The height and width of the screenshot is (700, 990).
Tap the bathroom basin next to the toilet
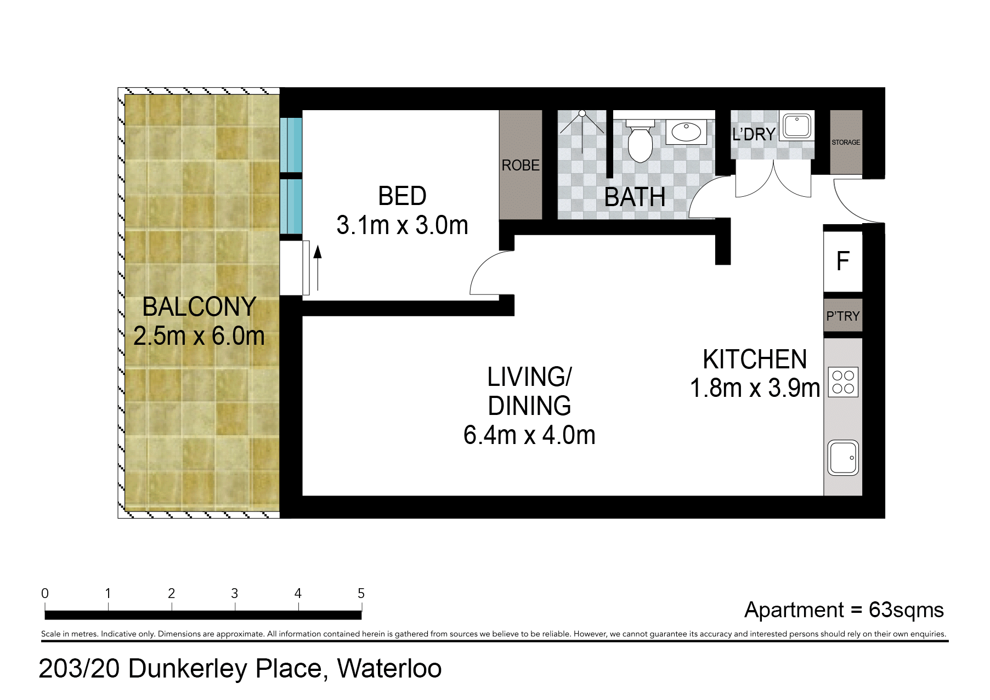(x=686, y=132)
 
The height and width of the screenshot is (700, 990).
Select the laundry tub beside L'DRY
(x=796, y=126)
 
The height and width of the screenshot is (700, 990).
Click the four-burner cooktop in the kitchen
(x=843, y=382)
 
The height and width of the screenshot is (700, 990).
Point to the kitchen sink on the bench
(x=843, y=457)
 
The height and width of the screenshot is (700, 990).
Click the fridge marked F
(x=843, y=261)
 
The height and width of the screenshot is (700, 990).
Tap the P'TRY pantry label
(x=843, y=316)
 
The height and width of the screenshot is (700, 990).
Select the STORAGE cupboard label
(x=846, y=143)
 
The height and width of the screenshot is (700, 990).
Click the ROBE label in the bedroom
(x=521, y=165)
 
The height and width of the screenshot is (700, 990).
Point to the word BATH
(x=635, y=197)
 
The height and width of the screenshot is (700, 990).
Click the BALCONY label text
(x=199, y=306)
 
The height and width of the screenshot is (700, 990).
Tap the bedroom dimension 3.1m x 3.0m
(x=402, y=225)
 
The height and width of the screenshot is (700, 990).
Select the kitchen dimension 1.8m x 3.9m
(x=755, y=388)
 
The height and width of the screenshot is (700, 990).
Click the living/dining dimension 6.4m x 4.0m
(x=529, y=435)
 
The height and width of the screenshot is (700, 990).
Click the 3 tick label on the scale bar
(x=235, y=593)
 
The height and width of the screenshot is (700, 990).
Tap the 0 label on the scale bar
(x=45, y=593)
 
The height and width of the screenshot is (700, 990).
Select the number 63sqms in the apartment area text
(x=906, y=610)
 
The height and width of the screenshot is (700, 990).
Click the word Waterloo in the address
(x=389, y=668)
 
